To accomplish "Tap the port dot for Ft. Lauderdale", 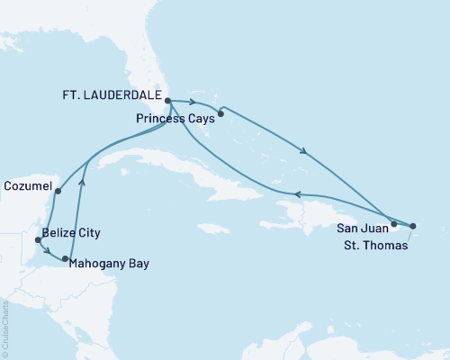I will click(168, 102).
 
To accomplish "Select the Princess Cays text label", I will click(174, 118).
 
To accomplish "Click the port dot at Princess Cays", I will click(220, 114).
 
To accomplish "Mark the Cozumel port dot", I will click(58, 191).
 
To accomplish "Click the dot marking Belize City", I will click(37, 240).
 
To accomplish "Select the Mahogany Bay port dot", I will click(66, 259).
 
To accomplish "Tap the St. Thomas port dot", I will click(413, 226).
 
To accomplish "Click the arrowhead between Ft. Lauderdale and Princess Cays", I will click(193, 103).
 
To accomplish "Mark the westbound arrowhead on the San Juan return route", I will click(300, 194).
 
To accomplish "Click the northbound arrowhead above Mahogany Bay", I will click(83, 182).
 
